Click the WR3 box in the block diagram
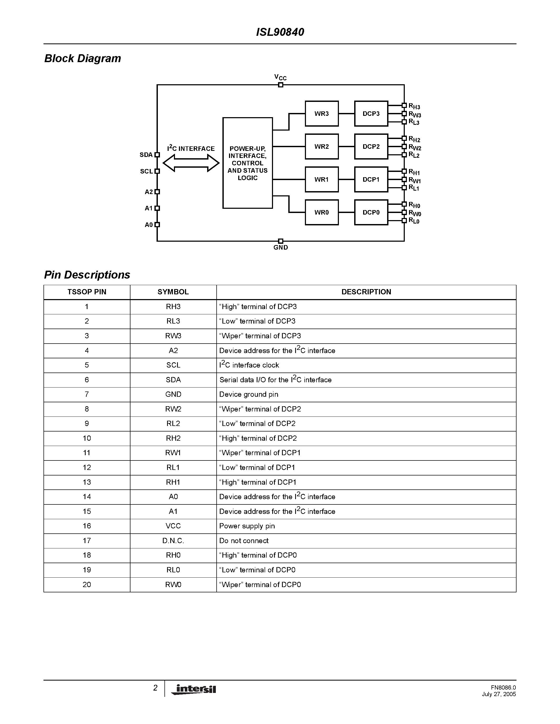coord(322,114)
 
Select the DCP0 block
coord(371,212)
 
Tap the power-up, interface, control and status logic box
coord(247,163)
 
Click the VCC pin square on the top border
coord(281,85)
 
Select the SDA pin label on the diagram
coord(146,155)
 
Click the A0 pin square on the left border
coord(157,224)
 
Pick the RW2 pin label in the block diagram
coord(415,147)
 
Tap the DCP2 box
coord(371,147)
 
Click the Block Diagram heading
coord(82,58)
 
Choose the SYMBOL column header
coord(173,292)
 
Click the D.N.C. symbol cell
coord(173,541)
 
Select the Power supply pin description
coord(247,526)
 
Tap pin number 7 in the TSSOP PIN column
coord(87,394)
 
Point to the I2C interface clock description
coord(249,365)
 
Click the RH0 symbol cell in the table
coord(173,555)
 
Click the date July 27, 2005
coord(499,694)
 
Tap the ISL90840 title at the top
coord(280,32)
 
